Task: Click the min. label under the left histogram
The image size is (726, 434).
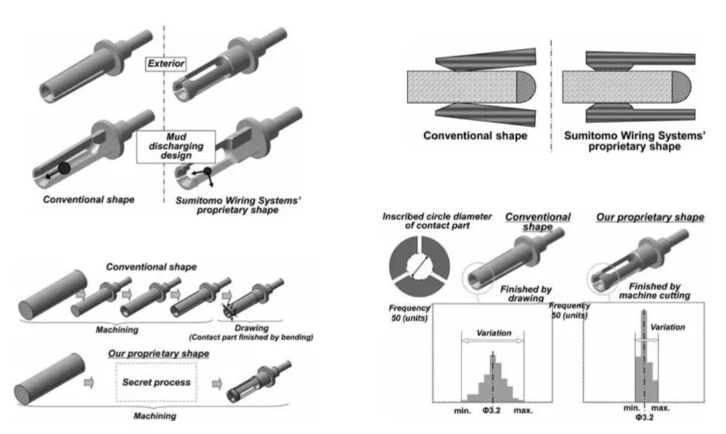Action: pyautogui.click(x=462, y=411)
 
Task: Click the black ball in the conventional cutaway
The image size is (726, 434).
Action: pyautogui.click(x=62, y=168)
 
